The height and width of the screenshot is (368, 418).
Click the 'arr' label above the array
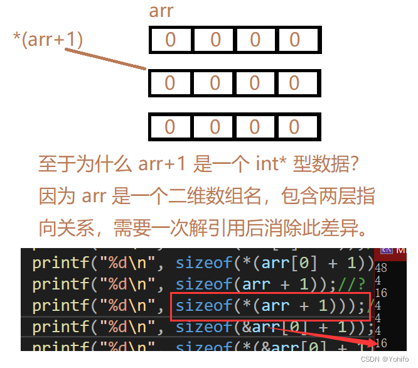[x=161, y=11]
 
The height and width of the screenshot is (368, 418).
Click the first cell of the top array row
[x=171, y=40]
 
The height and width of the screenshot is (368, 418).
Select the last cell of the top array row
[x=294, y=40]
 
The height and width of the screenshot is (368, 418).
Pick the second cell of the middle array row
[x=215, y=83]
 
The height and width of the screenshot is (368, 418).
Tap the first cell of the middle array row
[x=170, y=83]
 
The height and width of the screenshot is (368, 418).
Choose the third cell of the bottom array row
[x=255, y=127]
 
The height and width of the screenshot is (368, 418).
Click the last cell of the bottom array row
[x=294, y=127]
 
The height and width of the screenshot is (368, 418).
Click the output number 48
[x=380, y=268]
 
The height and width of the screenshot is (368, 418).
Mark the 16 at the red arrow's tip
[x=380, y=343]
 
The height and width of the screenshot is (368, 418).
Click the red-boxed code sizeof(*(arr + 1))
[x=270, y=306]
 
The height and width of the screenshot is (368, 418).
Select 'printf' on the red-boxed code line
[x=60, y=306]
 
